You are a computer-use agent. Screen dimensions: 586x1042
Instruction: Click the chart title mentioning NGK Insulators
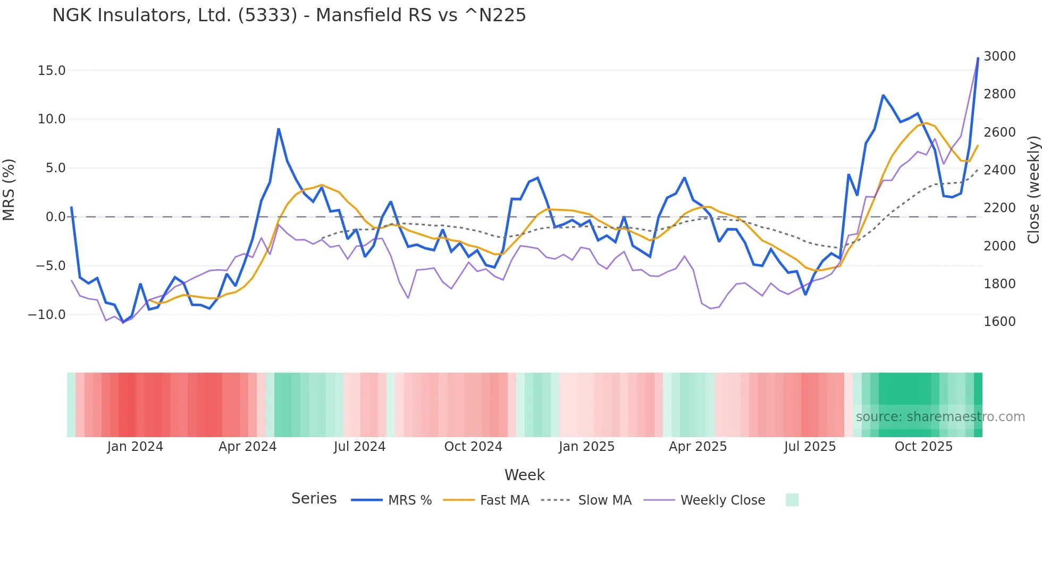(x=289, y=15)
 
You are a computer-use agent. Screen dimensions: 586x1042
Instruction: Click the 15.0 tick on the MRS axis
(x=52, y=71)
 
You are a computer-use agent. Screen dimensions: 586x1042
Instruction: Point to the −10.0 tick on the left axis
(x=47, y=315)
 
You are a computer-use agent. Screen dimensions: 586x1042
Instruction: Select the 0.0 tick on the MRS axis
(x=55, y=217)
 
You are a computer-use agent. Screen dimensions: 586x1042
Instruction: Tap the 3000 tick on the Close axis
(x=999, y=56)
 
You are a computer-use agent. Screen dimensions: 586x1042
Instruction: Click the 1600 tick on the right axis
(x=999, y=322)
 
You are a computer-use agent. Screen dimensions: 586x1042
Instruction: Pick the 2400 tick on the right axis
(x=999, y=170)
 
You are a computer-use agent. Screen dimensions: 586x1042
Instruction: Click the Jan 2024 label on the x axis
(x=135, y=447)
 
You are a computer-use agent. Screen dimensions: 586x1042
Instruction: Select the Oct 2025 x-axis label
(x=923, y=447)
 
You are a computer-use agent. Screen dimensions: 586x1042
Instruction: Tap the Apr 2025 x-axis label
(x=698, y=447)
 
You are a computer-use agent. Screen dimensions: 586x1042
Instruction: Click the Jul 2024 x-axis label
(x=359, y=447)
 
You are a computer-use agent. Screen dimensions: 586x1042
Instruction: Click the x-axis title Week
(x=524, y=475)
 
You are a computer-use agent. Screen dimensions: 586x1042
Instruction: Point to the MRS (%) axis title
(x=9, y=190)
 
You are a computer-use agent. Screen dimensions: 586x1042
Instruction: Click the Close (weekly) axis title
(x=1033, y=190)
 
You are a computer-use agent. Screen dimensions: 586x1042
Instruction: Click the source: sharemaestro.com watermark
(x=940, y=417)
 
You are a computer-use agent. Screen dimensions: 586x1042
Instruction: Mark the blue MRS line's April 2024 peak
(x=279, y=129)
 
